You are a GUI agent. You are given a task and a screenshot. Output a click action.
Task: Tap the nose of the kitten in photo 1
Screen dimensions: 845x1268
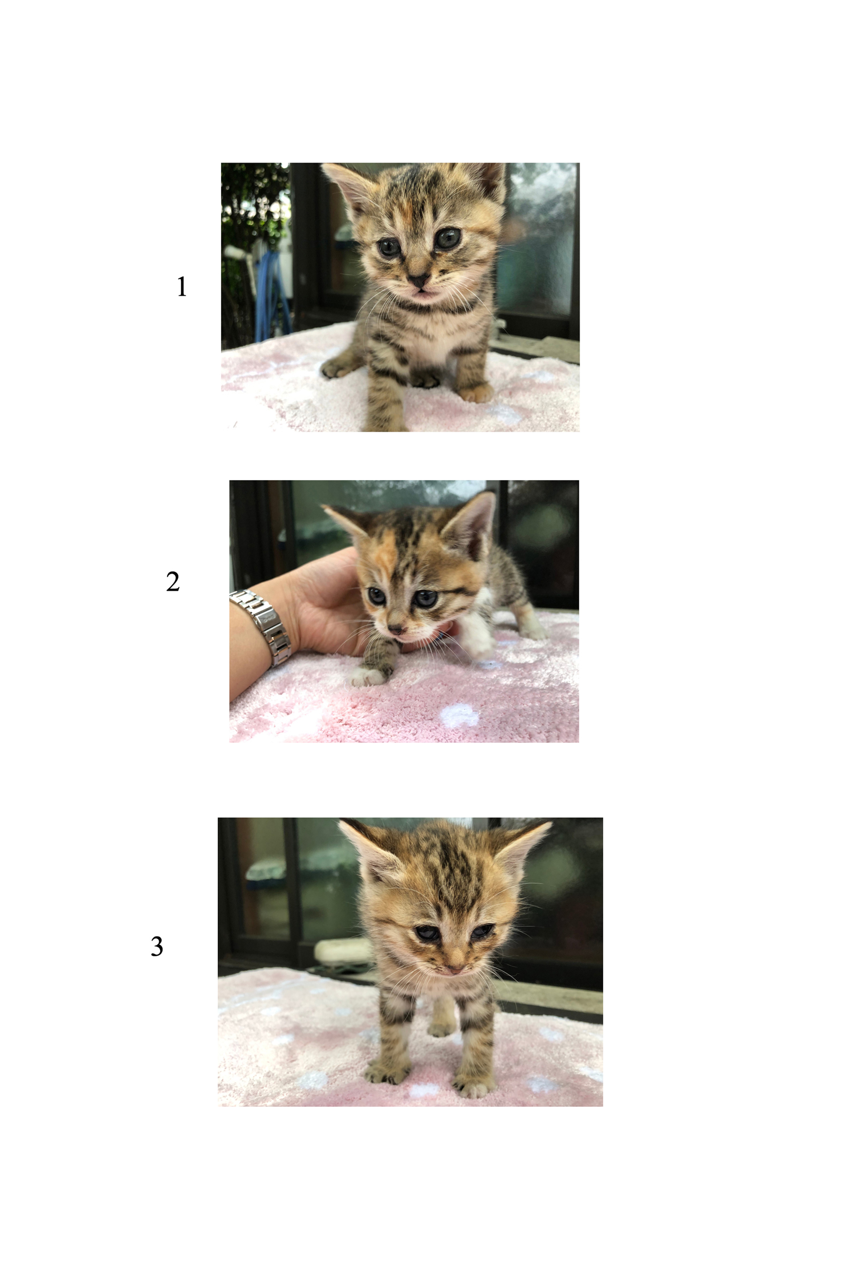coord(418,280)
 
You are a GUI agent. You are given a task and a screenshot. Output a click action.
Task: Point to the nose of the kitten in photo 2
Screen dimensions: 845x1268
coord(396,629)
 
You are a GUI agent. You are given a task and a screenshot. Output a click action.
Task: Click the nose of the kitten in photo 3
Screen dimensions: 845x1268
coord(454,969)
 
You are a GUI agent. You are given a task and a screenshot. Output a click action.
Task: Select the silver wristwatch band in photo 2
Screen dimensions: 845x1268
coord(263,627)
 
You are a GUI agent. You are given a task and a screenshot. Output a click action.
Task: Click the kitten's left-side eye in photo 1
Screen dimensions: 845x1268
coord(388,248)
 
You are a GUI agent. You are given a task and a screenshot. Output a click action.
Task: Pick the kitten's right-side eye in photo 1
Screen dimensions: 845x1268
coord(448,238)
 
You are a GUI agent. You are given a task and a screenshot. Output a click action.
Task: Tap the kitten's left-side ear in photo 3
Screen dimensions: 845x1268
coord(368,846)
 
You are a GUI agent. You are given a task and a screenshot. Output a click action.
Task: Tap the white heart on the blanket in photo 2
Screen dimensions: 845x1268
coord(459,715)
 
